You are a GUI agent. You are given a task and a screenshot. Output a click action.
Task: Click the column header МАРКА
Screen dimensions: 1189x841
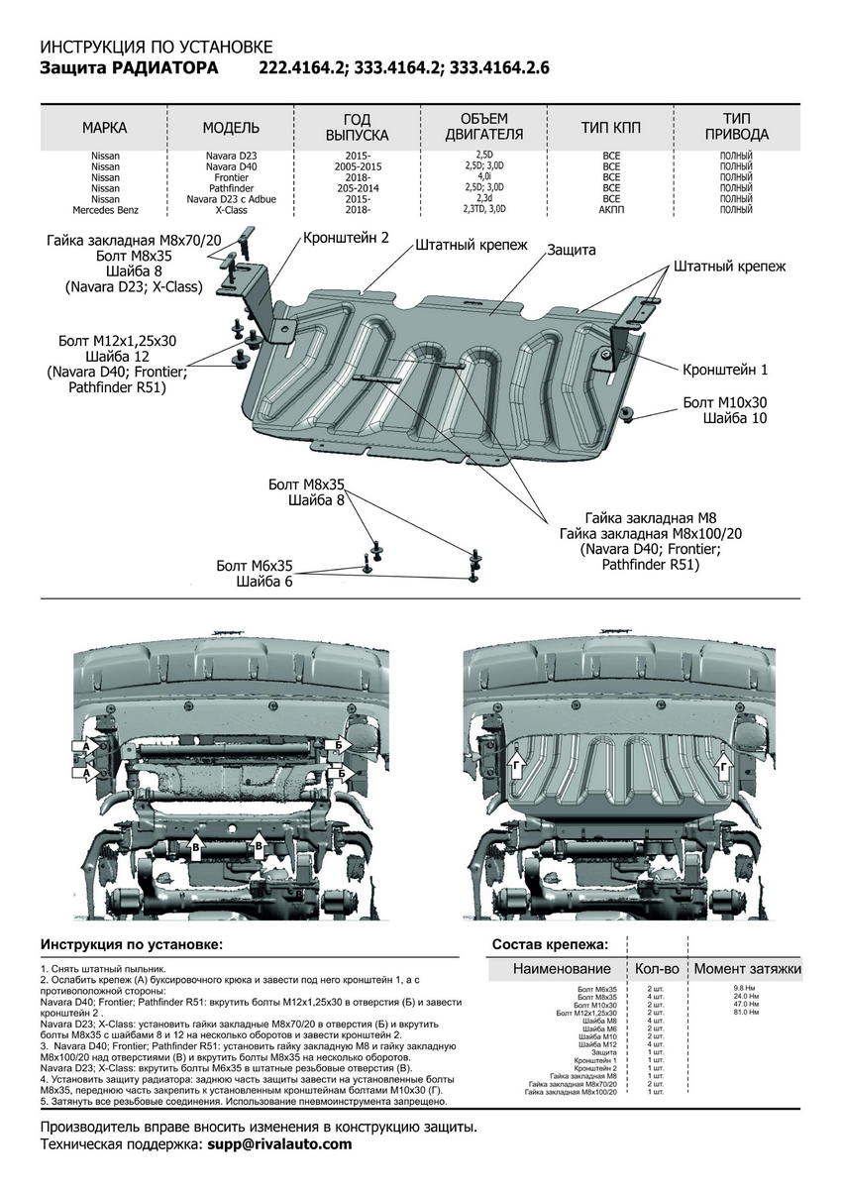point(105,128)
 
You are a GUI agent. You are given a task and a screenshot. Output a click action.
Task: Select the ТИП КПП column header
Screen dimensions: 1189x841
point(610,128)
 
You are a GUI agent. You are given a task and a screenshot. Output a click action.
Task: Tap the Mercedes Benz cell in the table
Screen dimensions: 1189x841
point(105,210)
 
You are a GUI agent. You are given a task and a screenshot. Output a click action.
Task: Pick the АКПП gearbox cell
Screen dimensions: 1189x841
point(611,210)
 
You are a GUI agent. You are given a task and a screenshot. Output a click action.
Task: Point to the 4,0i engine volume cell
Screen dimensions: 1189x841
point(484,176)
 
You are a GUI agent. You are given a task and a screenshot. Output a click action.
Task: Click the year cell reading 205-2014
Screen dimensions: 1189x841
point(358,188)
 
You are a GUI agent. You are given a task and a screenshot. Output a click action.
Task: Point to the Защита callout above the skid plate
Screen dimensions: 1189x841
point(572,250)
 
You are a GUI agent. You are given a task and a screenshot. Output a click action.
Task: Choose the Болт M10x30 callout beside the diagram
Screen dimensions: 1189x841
point(725,403)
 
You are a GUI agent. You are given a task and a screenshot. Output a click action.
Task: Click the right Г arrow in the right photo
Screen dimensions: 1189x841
point(725,767)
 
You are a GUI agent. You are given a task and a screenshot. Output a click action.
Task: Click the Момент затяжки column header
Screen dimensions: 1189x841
point(748,968)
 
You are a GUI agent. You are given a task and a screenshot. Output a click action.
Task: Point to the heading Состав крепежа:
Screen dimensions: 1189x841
point(550,944)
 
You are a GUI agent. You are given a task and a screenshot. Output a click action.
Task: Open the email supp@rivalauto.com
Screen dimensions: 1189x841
point(279,1143)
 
